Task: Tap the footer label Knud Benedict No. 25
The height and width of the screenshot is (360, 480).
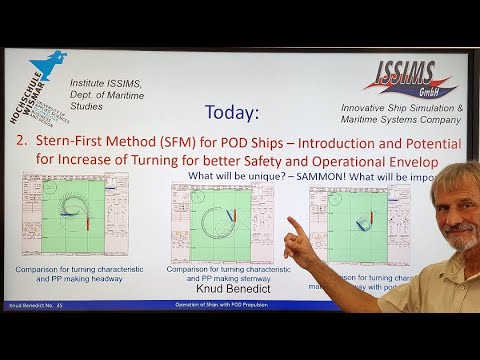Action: tap(36, 304)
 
